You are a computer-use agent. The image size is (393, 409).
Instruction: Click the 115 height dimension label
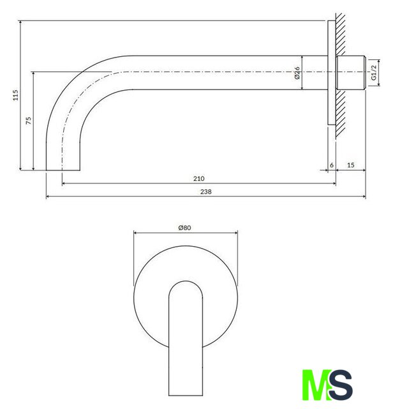pos(16,95)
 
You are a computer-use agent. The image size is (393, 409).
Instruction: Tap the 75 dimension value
pos(29,121)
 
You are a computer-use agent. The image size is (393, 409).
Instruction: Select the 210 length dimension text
pos(198,179)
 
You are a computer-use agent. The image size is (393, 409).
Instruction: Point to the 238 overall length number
pos(205,192)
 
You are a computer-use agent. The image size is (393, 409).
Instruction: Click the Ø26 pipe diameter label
pos(297,73)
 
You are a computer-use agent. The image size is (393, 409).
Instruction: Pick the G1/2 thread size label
pos(374,72)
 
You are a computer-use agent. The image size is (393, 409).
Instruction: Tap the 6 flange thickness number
pos(332,165)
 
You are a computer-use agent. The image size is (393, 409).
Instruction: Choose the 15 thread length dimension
pos(351,165)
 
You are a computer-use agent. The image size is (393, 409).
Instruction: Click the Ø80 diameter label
pos(184,228)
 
